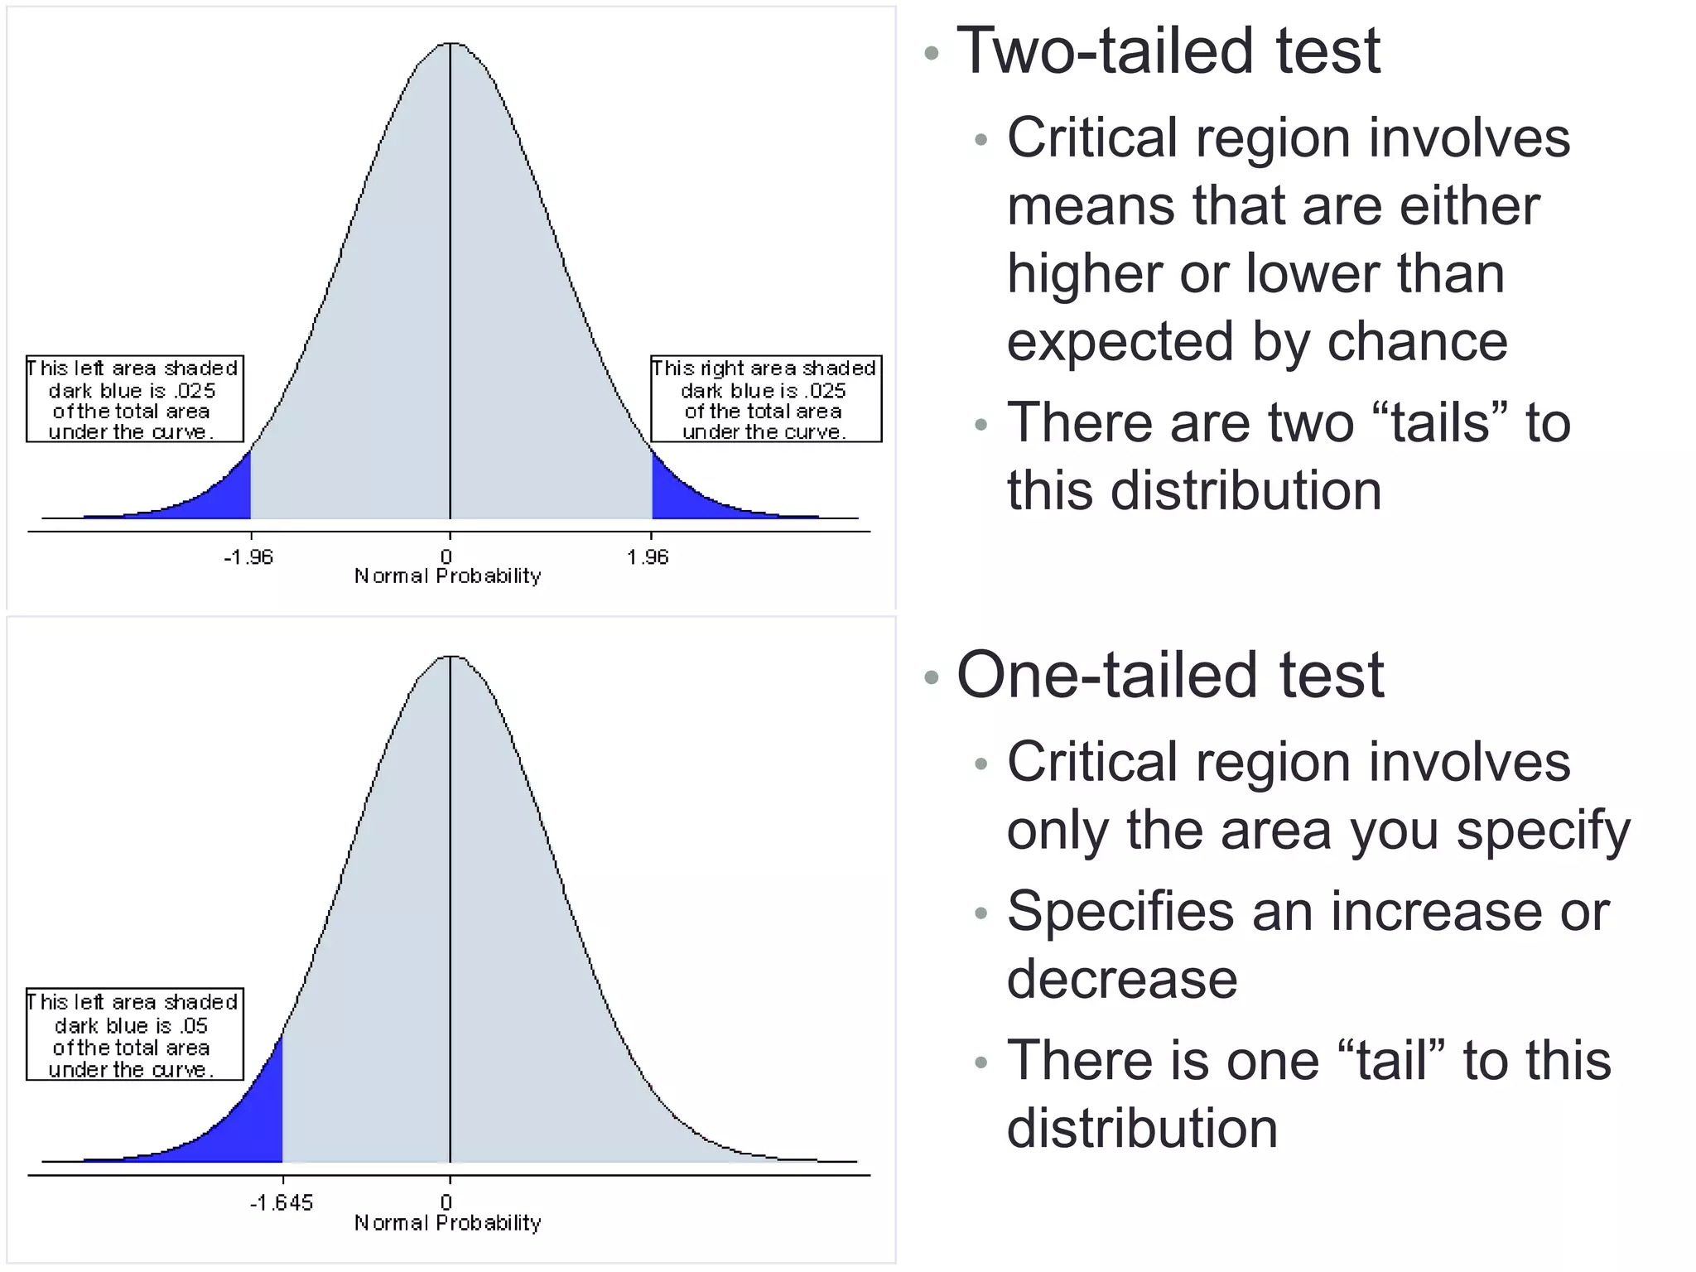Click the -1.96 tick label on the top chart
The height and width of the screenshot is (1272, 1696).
248,557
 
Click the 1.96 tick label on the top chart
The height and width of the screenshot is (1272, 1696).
648,557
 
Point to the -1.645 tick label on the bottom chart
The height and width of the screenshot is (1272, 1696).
282,1202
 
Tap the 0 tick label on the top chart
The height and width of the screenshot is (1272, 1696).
446,557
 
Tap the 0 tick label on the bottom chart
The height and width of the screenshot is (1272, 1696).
446,1202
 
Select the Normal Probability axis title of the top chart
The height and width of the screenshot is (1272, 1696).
448,576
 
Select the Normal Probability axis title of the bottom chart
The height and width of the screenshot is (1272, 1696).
448,1223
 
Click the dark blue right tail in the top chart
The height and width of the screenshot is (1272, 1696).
675,497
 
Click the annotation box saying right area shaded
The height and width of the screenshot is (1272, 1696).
766,399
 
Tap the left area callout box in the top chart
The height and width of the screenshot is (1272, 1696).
135,399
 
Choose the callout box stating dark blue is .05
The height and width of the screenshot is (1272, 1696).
135,1035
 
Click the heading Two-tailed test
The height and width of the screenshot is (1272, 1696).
1168,51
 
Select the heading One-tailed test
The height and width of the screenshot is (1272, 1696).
1170,676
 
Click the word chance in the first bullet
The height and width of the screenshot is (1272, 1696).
1417,341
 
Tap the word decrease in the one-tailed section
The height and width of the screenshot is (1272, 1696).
1122,979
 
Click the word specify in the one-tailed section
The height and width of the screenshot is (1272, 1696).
1544,831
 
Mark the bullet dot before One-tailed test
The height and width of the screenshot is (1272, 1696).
932,677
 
